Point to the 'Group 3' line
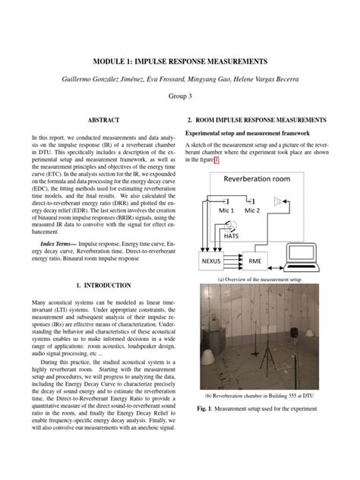180,96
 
